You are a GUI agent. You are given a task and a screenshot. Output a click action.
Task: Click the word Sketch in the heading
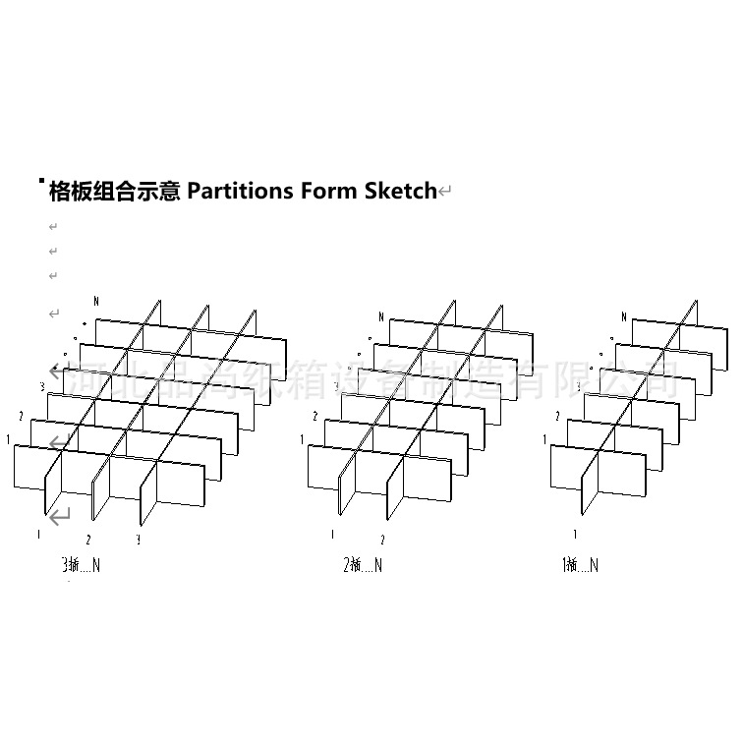[x=400, y=191]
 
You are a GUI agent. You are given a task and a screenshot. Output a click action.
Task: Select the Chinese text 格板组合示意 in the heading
[x=114, y=191]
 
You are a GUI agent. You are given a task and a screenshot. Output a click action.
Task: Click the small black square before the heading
[x=40, y=181]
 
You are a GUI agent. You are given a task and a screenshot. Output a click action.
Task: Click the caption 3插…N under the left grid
[x=81, y=565]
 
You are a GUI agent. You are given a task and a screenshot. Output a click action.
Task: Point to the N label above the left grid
[x=95, y=300]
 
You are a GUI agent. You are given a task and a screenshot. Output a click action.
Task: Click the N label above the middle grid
[x=381, y=316]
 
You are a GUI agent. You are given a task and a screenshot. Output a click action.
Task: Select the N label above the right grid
[x=623, y=316]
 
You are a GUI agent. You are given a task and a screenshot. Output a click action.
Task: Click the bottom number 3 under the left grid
[x=139, y=540]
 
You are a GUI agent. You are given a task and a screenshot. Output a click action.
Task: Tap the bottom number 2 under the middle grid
[x=382, y=540]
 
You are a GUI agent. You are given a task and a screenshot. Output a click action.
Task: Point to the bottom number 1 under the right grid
[x=576, y=535]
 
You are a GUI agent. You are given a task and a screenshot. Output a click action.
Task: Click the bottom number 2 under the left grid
[x=88, y=540]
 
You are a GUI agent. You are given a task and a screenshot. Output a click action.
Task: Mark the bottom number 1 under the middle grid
[x=332, y=535]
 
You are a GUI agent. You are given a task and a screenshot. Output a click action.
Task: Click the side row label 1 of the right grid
[x=544, y=439]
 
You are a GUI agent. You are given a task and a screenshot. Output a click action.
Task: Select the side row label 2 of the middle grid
[x=314, y=417]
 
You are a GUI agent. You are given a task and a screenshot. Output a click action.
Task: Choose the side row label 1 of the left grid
[x=8, y=438]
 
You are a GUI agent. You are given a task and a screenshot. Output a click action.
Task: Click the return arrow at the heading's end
[x=445, y=192]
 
